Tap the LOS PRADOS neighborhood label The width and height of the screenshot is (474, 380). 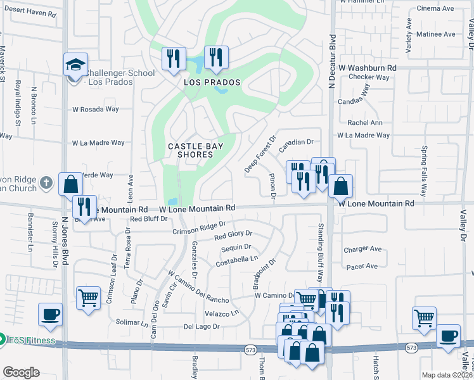[212, 83]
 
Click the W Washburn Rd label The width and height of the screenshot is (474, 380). [368, 67]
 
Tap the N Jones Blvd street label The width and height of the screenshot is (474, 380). [65, 241]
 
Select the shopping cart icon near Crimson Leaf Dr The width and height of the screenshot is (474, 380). [88, 298]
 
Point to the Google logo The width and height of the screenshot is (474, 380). [21, 372]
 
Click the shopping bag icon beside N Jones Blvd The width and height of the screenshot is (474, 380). [70, 184]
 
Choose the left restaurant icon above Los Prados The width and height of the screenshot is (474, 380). [173, 59]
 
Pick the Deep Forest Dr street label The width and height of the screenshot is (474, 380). [260, 154]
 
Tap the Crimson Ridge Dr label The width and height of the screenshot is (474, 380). [199, 227]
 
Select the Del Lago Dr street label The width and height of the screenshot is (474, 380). [201, 327]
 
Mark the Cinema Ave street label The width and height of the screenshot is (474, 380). [435, 8]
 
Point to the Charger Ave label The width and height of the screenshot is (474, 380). [362, 250]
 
